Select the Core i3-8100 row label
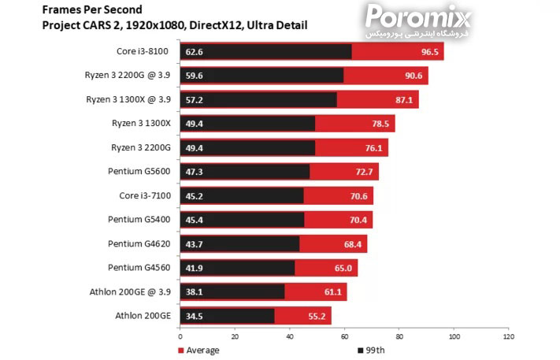[x=143, y=52]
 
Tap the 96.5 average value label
[x=429, y=52]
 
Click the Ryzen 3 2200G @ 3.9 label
[x=128, y=76]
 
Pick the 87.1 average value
[x=405, y=100]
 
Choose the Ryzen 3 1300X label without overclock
[x=141, y=124]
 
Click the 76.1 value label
[x=374, y=148]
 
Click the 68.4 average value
[x=353, y=244]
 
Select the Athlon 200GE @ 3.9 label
[x=131, y=292]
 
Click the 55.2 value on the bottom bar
[x=317, y=316]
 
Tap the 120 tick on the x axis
[x=508, y=337]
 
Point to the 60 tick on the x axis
[x=344, y=337]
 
